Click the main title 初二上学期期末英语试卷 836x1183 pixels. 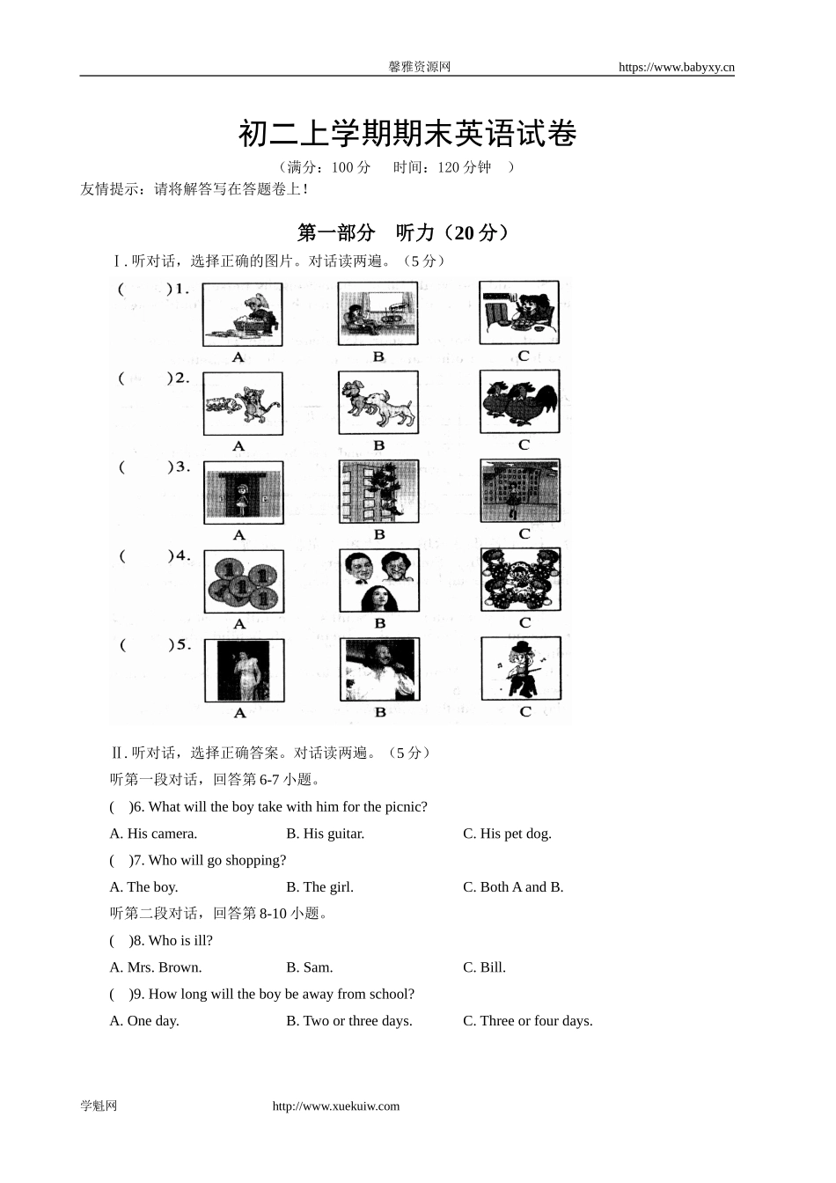[x=407, y=135]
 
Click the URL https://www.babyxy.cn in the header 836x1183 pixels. [x=676, y=67]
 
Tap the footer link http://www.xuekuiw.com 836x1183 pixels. [x=336, y=1106]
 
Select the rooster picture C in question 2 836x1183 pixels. [x=519, y=401]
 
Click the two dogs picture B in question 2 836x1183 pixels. [x=378, y=402]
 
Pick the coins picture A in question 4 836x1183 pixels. [x=244, y=582]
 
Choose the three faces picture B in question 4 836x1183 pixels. [x=379, y=581]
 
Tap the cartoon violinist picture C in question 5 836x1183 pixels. [x=520, y=669]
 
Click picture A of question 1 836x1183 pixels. [x=242, y=314]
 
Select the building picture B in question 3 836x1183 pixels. [x=379, y=492]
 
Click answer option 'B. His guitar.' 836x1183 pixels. [x=325, y=834]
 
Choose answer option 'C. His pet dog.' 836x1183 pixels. [x=507, y=834]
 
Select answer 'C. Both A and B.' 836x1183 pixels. [x=513, y=887]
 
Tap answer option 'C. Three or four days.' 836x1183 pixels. [x=527, y=1021]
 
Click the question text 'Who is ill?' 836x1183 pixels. [x=180, y=941]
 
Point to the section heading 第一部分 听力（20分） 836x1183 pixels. [x=403, y=232]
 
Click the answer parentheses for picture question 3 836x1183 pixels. [x=143, y=467]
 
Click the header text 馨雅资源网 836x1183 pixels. [x=419, y=67]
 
